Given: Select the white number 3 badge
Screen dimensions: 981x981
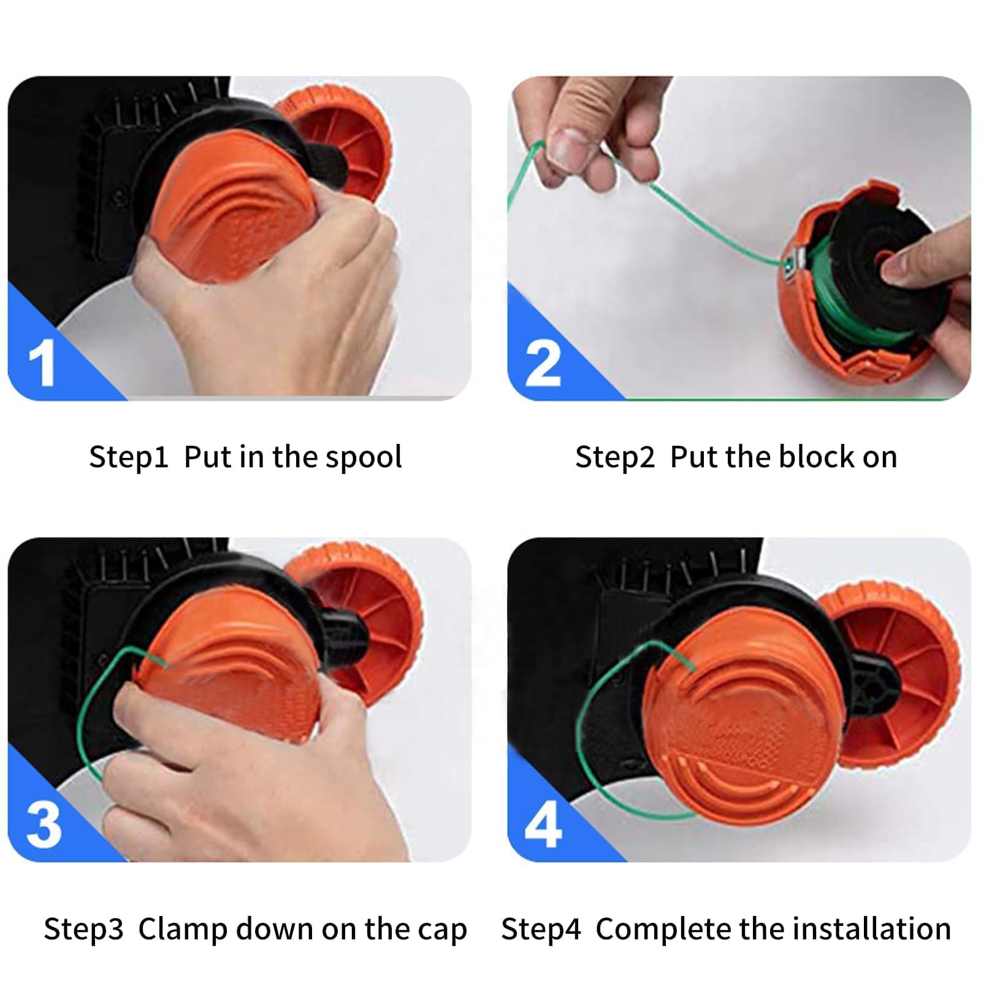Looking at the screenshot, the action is coord(44,825).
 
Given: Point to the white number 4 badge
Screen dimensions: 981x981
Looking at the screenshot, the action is coord(543,825).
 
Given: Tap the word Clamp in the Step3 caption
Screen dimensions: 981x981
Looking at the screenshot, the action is coord(183,929).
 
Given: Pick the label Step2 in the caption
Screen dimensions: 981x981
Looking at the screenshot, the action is coord(615,457).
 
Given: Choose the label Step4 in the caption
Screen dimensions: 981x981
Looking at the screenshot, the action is coord(541,929).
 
